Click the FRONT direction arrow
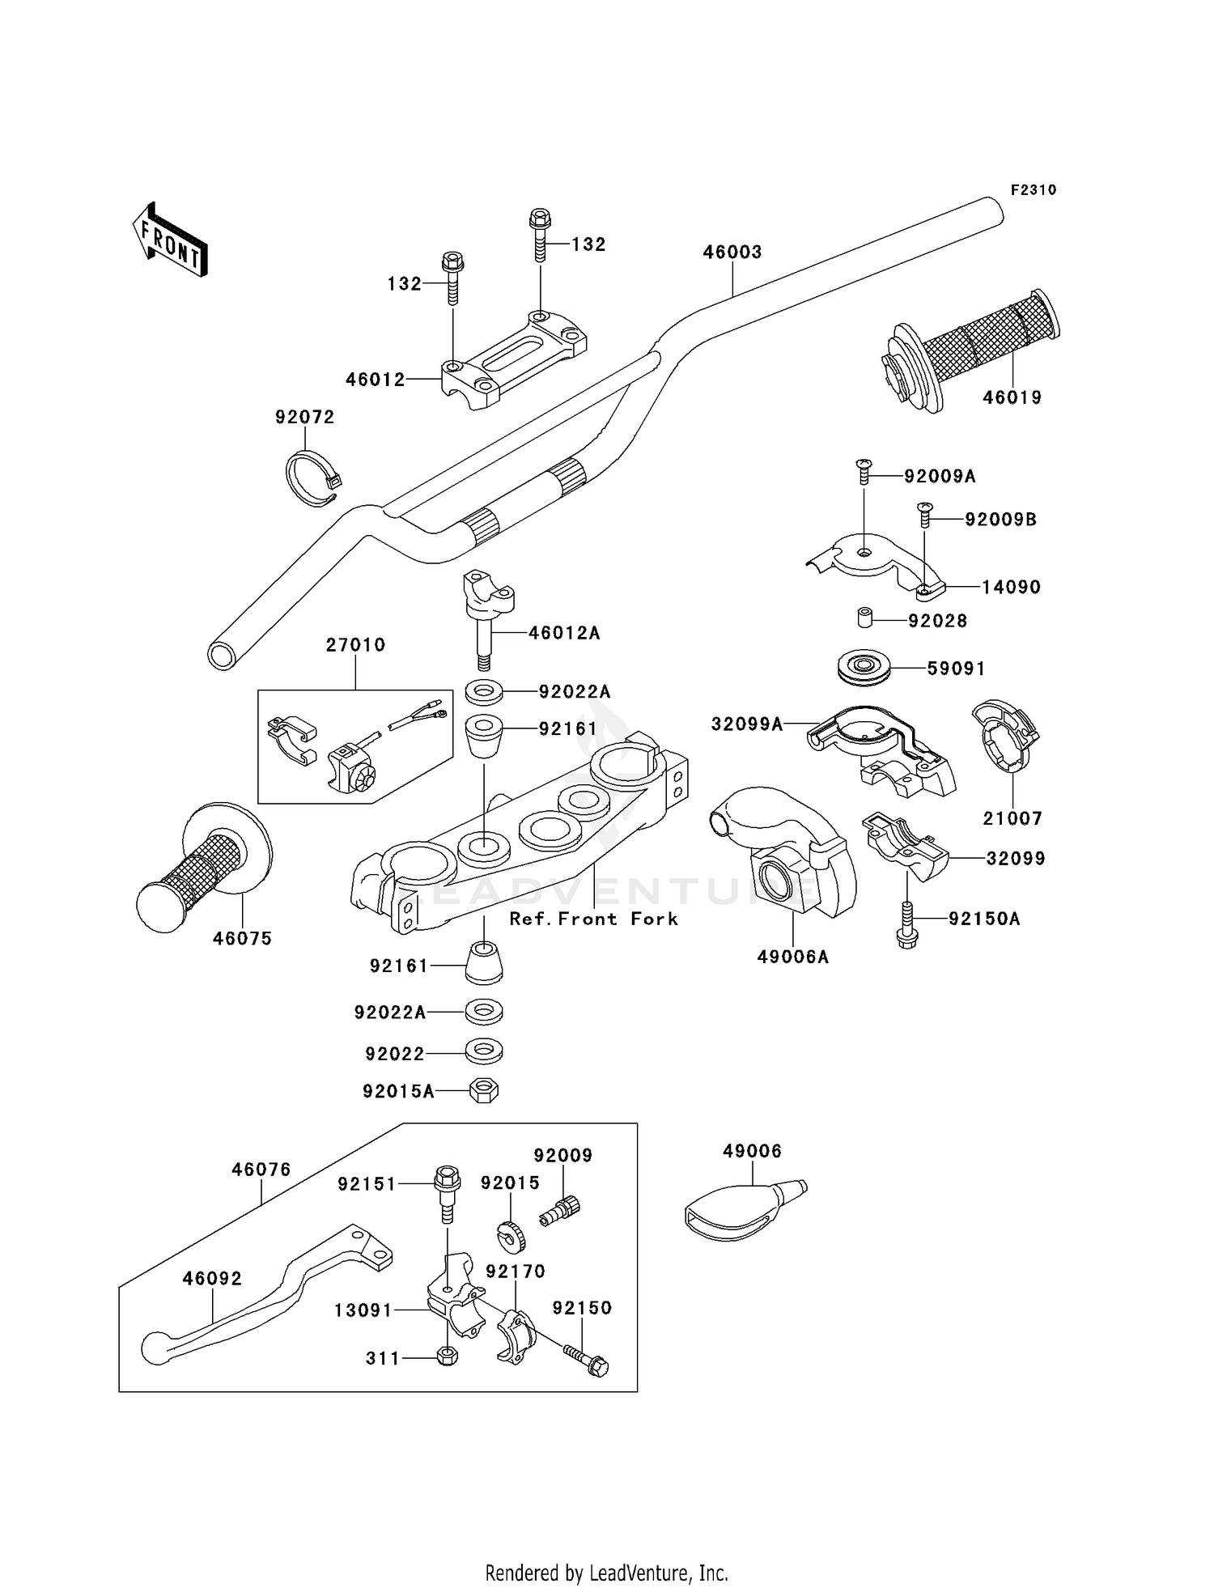pos(170,240)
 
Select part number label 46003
pos(732,253)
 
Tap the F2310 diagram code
pos(1033,190)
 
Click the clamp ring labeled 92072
pos(312,479)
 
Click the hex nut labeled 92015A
pos(484,1090)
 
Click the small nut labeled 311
pos(447,1357)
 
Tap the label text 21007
pos(1012,818)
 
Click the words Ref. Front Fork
pos(593,919)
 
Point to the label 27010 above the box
pos(355,645)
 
